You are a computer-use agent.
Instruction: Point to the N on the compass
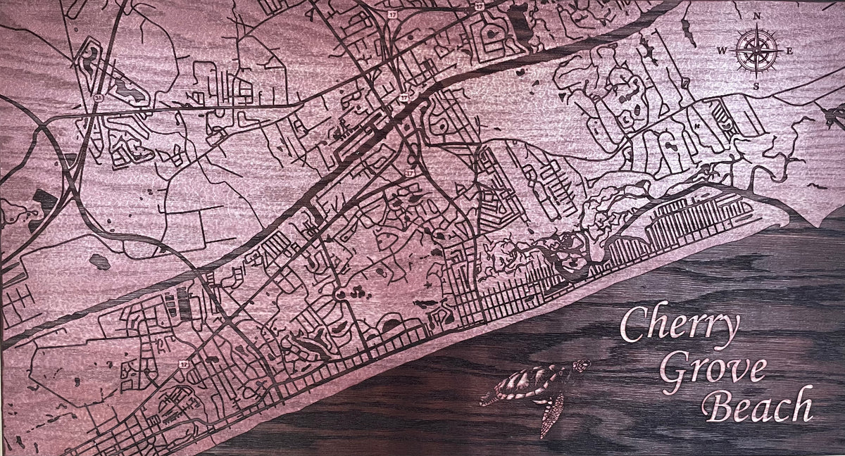[x=757, y=15]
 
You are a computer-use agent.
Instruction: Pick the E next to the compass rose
[x=789, y=51]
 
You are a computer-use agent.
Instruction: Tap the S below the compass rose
[x=756, y=87]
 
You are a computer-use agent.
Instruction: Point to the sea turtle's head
[x=582, y=366]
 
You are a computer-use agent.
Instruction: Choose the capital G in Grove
[x=673, y=369]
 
